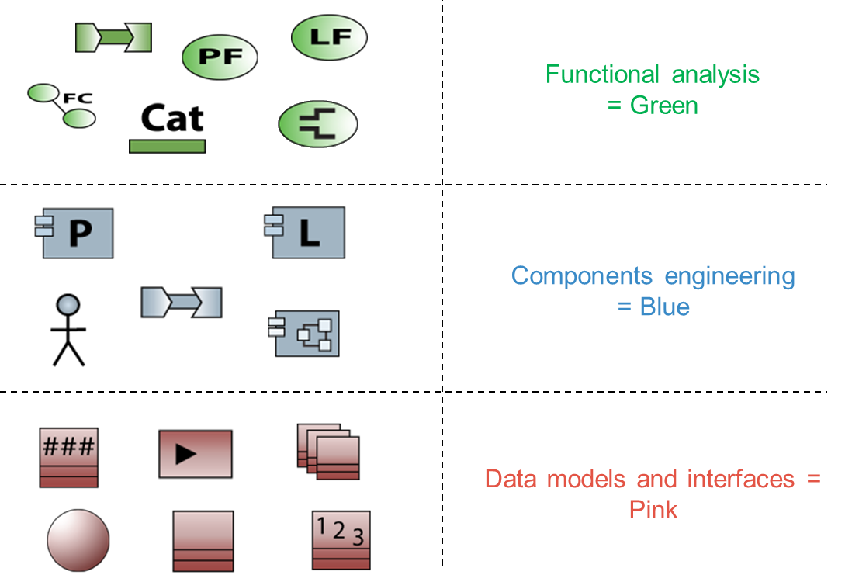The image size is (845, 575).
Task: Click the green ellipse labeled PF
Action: (220, 57)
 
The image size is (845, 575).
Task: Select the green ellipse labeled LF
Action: (329, 37)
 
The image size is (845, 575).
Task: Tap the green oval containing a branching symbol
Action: (318, 124)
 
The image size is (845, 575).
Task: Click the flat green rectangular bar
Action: (167, 146)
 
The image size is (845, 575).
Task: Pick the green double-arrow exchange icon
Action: (113, 36)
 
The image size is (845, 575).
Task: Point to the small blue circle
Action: (68, 305)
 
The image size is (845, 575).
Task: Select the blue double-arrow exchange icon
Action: (182, 302)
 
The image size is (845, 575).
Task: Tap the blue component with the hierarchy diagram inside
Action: (305, 334)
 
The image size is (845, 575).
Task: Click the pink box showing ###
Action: (69, 457)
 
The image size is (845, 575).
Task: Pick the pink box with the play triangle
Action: (195, 454)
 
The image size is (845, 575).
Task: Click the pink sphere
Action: (78, 540)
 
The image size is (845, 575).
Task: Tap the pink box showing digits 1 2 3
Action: (341, 540)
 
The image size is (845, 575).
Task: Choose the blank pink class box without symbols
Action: (203, 540)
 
